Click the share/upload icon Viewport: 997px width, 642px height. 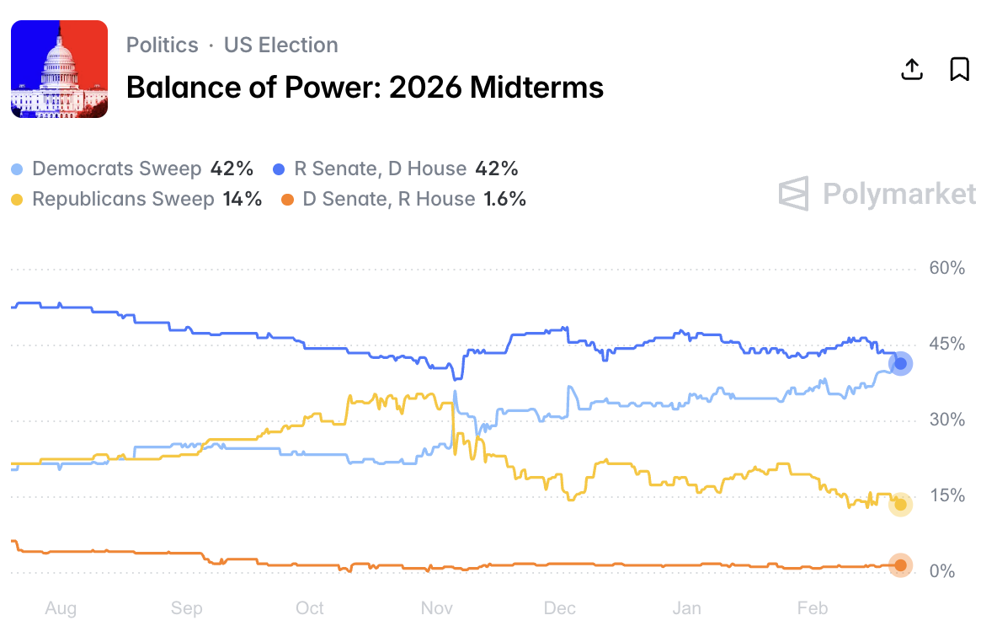[912, 69]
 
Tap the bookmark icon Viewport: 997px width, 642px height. [959, 69]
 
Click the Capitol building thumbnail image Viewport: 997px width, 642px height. [59, 69]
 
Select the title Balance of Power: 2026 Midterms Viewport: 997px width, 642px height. [365, 87]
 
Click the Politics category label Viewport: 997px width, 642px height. [163, 45]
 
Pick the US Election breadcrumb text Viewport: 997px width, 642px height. [280, 45]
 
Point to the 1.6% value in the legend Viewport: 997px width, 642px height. [504, 199]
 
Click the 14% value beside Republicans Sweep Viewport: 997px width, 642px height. [243, 199]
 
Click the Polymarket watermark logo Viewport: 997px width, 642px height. [877, 194]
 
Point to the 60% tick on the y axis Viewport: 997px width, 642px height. [946, 269]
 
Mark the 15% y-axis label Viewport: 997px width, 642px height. [946, 496]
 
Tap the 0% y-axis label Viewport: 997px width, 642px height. [942, 572]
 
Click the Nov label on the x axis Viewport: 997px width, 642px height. [437, 608]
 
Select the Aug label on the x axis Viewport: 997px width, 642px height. [61, 608]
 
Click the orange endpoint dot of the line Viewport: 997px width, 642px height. [900, 565]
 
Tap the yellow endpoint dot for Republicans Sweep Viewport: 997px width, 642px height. [900, 504]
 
